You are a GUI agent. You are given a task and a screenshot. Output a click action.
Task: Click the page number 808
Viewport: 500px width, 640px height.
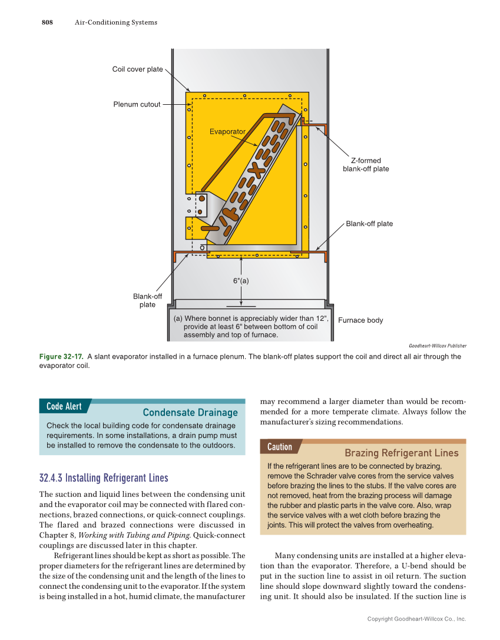47,22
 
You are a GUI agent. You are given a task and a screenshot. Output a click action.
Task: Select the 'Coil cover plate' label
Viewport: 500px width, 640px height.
137,69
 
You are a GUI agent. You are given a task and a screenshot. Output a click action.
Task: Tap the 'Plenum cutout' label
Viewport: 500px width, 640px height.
137,105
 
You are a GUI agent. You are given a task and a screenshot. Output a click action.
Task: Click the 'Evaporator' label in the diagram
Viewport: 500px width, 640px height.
227,131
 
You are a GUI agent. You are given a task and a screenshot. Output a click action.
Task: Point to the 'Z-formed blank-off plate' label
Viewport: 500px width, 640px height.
366,165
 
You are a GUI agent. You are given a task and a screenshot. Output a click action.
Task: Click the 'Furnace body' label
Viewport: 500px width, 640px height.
360,320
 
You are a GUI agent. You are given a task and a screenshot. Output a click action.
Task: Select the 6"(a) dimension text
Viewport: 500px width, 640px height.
241,281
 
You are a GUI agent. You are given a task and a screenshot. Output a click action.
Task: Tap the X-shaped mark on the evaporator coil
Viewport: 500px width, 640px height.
256,170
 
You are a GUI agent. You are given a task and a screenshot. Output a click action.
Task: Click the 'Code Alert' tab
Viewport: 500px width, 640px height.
64,406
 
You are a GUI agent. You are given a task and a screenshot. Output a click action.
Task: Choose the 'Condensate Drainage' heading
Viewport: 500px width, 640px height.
190,413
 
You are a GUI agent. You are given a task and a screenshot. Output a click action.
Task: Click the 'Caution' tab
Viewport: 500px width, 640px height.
280,447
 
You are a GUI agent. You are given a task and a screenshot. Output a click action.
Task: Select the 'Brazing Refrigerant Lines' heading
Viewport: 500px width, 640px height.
401,453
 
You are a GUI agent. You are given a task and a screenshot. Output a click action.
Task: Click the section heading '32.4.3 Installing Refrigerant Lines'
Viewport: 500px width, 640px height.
104,477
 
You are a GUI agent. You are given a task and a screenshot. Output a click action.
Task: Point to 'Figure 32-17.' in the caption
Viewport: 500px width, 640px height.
61,356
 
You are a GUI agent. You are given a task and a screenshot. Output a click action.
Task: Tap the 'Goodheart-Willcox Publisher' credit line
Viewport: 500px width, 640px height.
437,346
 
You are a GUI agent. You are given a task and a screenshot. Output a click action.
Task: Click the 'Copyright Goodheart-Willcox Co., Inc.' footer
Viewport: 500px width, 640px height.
416,619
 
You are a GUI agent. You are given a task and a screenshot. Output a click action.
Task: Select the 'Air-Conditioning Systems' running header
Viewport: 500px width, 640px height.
116,22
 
